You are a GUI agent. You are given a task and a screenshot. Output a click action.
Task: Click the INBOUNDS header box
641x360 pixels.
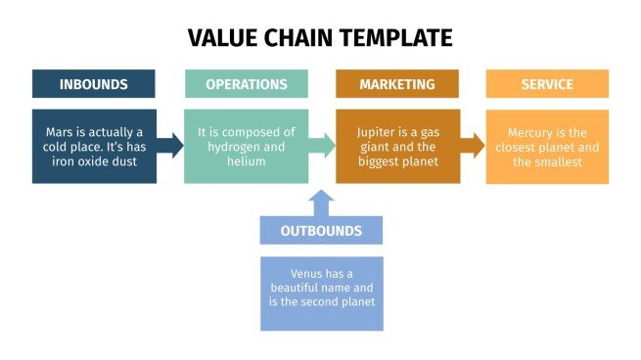pos(93,84)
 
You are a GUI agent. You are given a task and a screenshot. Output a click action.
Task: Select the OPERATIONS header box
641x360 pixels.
pos(246,84)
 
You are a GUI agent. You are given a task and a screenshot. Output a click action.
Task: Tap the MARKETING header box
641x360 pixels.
pos(396,84)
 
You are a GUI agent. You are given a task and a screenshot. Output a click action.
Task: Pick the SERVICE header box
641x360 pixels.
pos(547,84)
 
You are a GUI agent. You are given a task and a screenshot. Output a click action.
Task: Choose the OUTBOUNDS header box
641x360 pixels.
pos(321,231)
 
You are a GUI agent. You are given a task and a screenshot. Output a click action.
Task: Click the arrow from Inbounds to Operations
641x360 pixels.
pos(170,147)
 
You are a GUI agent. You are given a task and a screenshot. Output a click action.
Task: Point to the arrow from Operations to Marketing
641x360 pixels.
pos(322,147)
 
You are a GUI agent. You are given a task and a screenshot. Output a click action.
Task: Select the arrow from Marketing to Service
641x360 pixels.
pos(473,147)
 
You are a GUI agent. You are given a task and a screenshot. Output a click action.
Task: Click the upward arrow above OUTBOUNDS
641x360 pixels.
pos(322,202)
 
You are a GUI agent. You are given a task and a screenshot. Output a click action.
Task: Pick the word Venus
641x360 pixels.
pos(308,274)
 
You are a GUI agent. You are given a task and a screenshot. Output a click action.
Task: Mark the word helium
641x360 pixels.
pos(246,161)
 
